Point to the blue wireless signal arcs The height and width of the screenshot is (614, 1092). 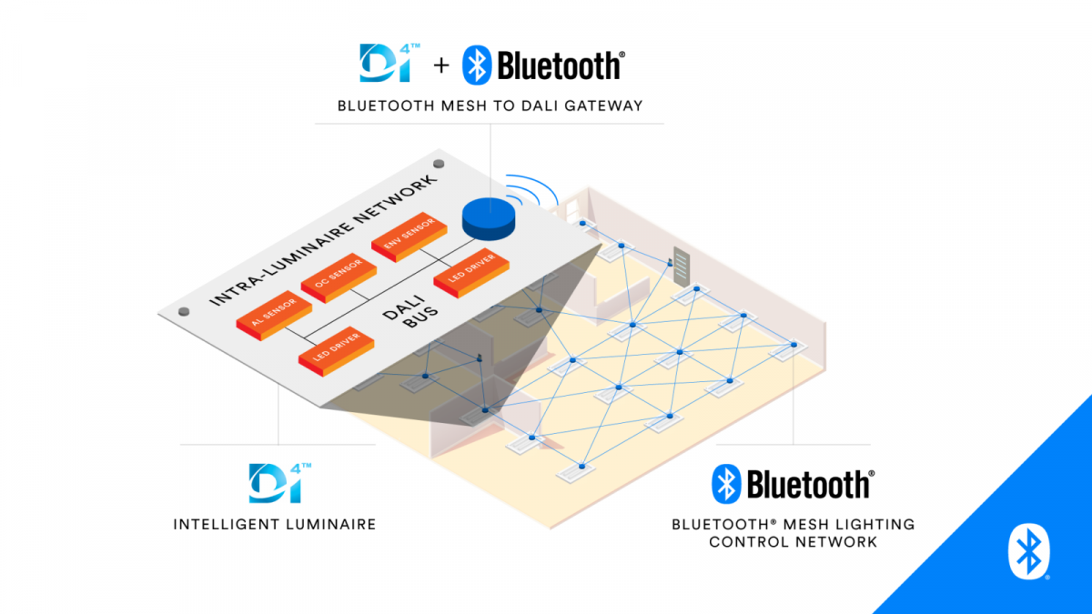pos(536,192)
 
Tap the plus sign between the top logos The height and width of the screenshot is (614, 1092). pos(440,65)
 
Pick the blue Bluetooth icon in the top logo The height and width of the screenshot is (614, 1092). pos(478,65)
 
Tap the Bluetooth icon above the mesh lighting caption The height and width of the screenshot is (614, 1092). pos(725,484)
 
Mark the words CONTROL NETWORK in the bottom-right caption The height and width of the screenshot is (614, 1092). pos(793,541)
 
